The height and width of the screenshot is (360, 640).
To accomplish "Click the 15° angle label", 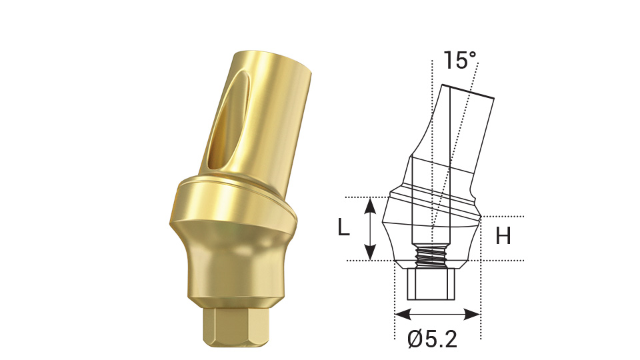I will (x=460, y=61).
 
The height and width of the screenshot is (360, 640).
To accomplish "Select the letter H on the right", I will (x=503, y=235).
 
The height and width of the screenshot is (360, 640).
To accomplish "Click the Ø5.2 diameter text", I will (x=432, y=340).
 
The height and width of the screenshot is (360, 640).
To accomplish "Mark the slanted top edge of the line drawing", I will (x=467, y=91).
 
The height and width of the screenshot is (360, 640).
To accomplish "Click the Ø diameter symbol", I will (x=416, y=340).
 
